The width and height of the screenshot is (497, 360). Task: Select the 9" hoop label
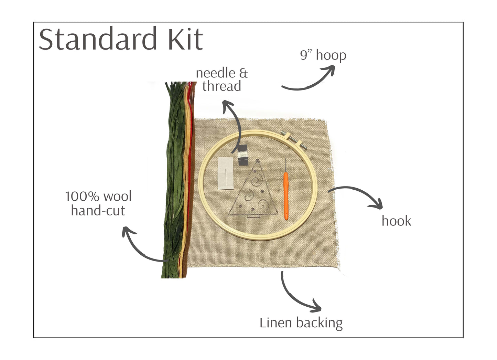323,55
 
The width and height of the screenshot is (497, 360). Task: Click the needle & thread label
222,80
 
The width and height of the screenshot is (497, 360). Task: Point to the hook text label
396,221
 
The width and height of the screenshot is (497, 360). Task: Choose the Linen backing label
301,323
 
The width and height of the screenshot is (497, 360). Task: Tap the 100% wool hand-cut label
98,203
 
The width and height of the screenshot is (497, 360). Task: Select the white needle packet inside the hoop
225,173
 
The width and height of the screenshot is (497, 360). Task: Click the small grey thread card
243,155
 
